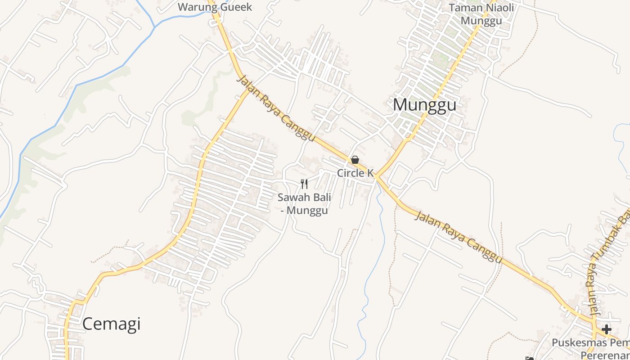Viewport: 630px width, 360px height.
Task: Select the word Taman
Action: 466,8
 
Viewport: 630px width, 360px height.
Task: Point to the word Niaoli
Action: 499,8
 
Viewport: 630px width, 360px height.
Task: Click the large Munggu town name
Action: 424,105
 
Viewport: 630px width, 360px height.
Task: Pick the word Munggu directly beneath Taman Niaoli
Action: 481,21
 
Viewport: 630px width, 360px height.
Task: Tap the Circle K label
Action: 355,173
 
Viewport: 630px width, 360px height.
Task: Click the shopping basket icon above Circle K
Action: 355,160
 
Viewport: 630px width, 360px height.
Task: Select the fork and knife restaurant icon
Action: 304,184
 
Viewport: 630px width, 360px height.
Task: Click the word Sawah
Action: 292,197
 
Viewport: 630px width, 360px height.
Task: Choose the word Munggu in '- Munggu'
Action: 307,210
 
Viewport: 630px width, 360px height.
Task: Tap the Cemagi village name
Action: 111,324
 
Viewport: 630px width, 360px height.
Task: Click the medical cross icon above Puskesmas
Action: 607,329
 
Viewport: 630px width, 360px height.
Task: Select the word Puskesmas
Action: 578,343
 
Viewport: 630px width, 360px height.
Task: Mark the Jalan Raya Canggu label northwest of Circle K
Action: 275,108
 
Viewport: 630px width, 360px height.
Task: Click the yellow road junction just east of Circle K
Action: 376,176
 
